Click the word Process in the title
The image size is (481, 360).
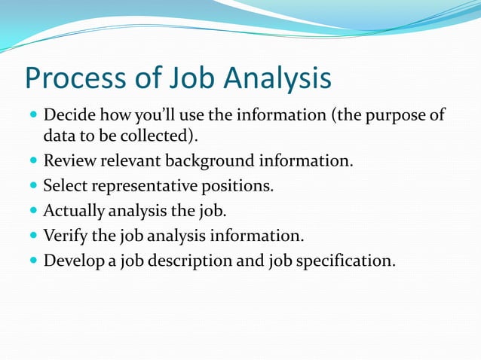coord(75,79)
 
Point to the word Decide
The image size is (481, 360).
coord(67,117)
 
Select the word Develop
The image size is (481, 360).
coord(72,262)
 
